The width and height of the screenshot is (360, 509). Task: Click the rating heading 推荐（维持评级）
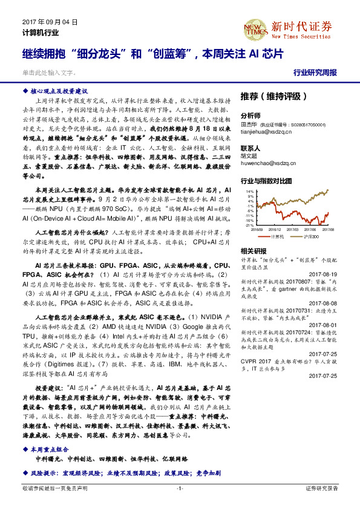click(269, 96)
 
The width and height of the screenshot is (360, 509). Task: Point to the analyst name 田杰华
click(250, 123)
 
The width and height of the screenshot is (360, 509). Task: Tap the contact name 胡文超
click(250, 156)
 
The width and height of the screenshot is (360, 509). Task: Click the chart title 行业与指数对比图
click(266, 181)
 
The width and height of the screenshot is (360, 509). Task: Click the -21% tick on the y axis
click(249, 225)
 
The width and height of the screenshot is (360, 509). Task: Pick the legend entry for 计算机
click(276, 236)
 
